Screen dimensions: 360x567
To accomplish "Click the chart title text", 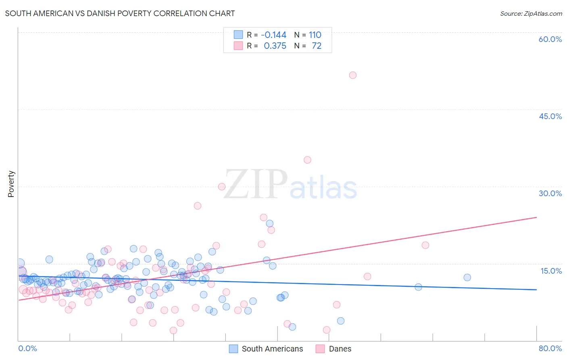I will pyautogui.click(x=120, y=13).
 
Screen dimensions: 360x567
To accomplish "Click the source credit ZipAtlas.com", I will pyautogui.click(x=531, y=13).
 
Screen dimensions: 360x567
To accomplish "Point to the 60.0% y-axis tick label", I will pyautogui.click(x=550, y=39).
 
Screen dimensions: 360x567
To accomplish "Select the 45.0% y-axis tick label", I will pyautogui.click(x=550, y=116).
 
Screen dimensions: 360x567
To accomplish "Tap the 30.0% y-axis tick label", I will pyautogui.click(x=550, y=193).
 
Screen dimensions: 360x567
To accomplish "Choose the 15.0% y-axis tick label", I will pyautogui.click(x=551, y=270).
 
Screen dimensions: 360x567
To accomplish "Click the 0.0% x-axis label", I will pyautogui.click(x=27, y=348).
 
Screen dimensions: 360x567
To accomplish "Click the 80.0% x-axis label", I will pyautogui.click(x=550, y=348).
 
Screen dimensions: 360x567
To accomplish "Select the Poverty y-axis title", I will pyautogui.click(x=11, y=184).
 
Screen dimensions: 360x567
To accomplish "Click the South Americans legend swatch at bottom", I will pyautogui.click(x=233, y=349).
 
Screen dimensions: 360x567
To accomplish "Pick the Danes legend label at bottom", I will pyautogui.click(x=340, y=349).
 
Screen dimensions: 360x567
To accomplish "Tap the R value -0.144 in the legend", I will pyautogui.click(x=273, y=35).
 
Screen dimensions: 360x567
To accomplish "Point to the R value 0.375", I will pyautogui.click(x=275, y=46).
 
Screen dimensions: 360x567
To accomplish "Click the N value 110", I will pyautogui.click(x=315, y=35).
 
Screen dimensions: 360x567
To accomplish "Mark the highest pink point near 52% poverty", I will pyautogui.click(x=353, y=75).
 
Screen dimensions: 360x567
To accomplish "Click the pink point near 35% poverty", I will pyautogui.click(x=307, y=160).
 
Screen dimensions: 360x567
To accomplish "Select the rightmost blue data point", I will pyautogui.click(x=467, y=277).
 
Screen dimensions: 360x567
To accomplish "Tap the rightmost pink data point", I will pyautogui.click(x=425, y=245).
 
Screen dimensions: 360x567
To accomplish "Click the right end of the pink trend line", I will pyautogui.click(x=536, y=217).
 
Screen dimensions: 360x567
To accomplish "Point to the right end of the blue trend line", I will pyautogui.click(x=536, y=289).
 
